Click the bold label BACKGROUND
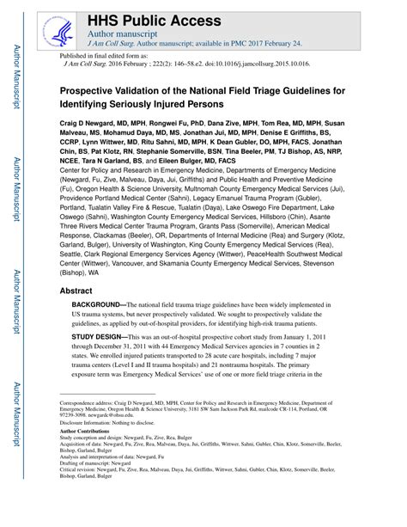pyautogui.click(x=97, y=306)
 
